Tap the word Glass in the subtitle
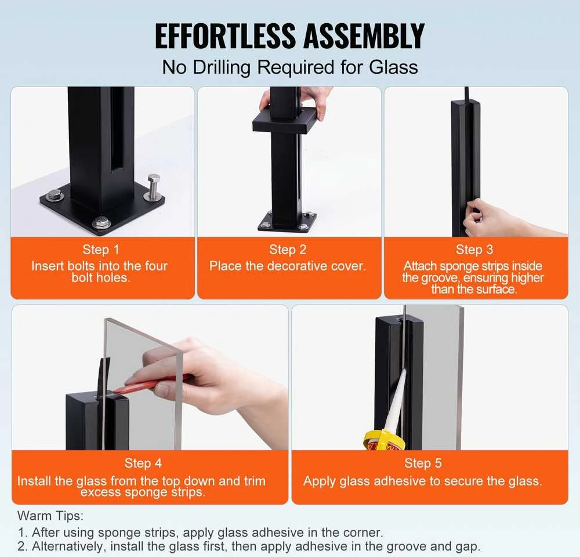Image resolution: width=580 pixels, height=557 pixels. [393, 67]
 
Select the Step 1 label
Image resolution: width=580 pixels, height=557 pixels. [100, 249]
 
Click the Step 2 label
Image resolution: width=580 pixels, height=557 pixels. [288, 249]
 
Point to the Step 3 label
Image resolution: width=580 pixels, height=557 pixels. [474, 249]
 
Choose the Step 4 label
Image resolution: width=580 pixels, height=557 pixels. [143, 463]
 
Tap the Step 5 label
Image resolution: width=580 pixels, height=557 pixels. [423, 463]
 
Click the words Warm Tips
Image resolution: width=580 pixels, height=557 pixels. [50, 516]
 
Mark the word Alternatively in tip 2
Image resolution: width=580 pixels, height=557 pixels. [66, 547]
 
